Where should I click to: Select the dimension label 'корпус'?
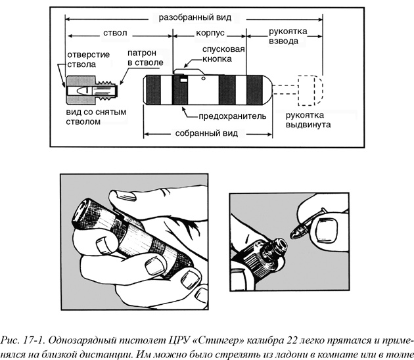212,33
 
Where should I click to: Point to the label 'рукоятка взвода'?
284,37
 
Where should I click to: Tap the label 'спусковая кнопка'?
225,53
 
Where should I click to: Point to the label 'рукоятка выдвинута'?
304,119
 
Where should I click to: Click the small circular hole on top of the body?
206,78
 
